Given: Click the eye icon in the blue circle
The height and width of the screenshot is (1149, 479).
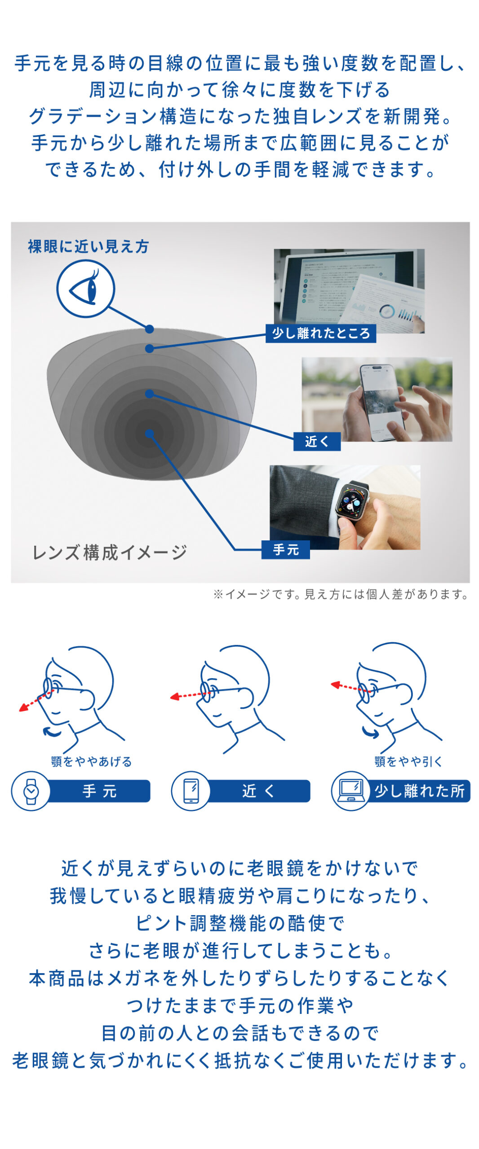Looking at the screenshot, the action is [x=85, y=289].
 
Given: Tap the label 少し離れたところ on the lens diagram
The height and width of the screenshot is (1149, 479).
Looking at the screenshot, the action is [x=321, y=333].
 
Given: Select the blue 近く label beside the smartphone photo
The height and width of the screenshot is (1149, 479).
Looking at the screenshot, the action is [x=317, y=442].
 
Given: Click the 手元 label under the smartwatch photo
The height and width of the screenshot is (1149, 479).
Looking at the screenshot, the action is [x=286, y=550].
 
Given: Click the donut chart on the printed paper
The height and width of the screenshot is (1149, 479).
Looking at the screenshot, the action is [x=386, y=311].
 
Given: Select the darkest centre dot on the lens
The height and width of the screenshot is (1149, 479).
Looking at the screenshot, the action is [x=150, y=434].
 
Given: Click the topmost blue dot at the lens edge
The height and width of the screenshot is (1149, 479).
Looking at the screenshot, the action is [x=150, y=329].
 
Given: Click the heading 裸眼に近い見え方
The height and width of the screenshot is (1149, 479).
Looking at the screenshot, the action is [x=89, y=246].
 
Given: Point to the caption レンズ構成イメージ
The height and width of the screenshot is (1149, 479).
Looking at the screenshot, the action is [x=110, y=553].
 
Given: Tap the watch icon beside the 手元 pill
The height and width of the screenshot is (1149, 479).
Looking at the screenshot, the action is [x=31, y=791].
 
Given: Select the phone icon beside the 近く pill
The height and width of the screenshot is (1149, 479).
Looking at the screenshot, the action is [x=191, y=791].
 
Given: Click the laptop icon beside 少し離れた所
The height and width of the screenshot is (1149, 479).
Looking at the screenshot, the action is [x=351, y=791].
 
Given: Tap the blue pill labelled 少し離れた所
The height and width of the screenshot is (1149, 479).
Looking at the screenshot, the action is [x=416, y=791].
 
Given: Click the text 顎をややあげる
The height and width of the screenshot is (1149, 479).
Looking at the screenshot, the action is [x=91, y=762].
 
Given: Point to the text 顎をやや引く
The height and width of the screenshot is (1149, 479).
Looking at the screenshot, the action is [x=408, y=762].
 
